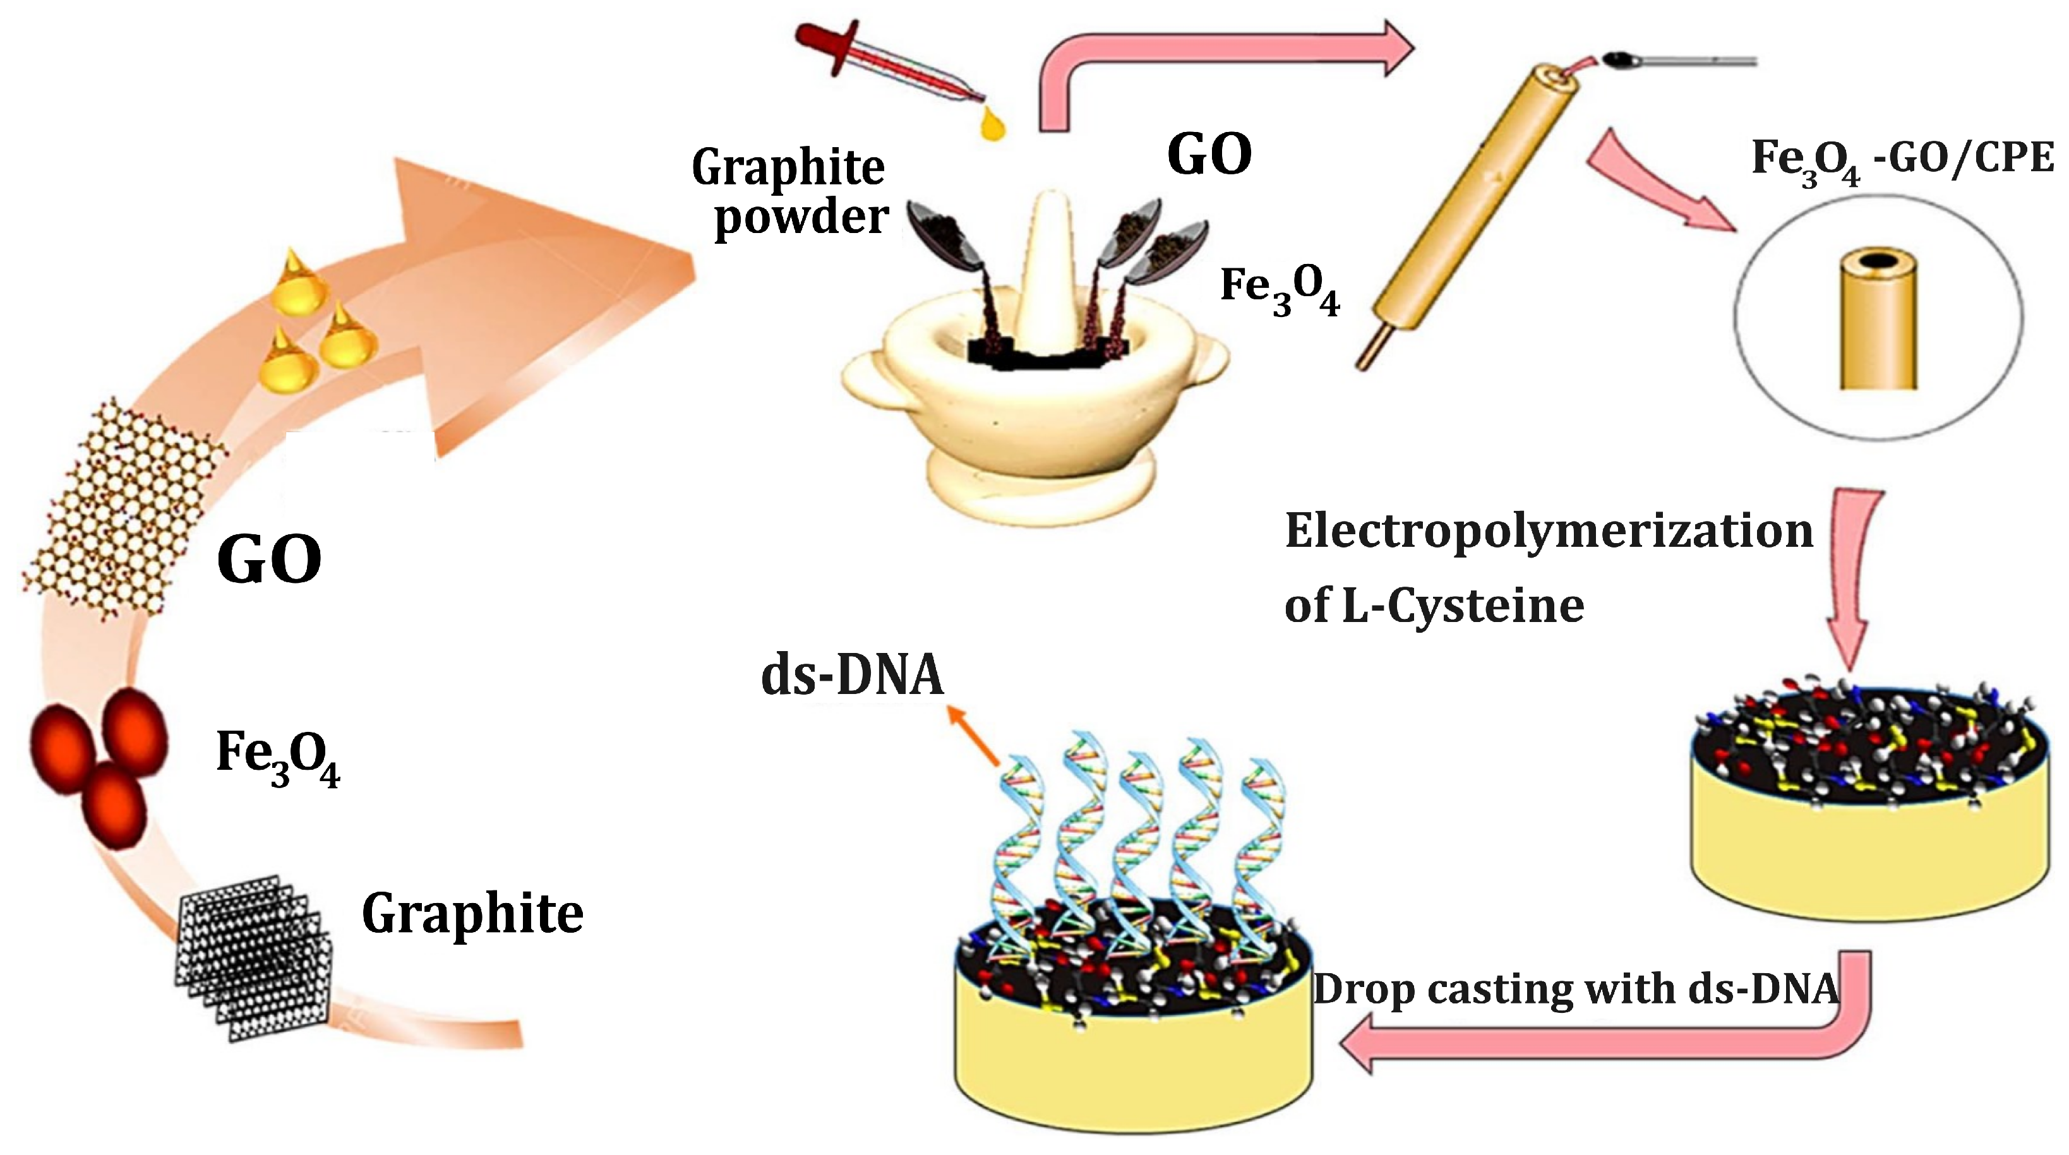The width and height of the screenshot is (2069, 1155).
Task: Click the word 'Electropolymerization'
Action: pyautogui.click(x=1549, y=532)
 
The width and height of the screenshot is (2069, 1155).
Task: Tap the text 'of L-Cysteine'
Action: pyautogui.click(x=1434, y=606)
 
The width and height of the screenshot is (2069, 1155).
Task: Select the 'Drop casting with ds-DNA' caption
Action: pyautogui.click(x=1575, y=990)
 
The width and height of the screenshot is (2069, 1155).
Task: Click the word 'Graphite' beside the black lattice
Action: pyautogui.click(x=472, y=914)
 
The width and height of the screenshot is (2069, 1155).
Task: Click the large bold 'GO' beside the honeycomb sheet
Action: pyautogui.click(x=269, y=560)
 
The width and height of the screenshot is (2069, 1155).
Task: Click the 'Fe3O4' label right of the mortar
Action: pyautogui.click(x=1279, y=289)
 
